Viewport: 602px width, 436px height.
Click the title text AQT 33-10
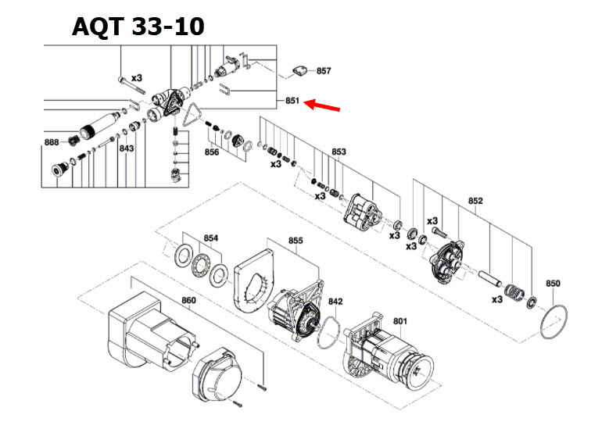tap(138, 26)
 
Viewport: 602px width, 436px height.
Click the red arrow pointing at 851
tap(322, 105)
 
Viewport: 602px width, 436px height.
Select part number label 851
tap(292, 101)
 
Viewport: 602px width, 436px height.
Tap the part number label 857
tap(324, 71)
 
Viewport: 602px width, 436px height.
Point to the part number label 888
tap(52, 141)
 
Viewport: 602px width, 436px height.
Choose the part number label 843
tap(127, 148)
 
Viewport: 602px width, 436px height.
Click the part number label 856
tap(212, 152)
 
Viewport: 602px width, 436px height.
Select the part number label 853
tap(339, 151)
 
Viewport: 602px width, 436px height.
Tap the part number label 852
tap(475, 201)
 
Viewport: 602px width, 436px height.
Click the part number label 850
tap(553, 283)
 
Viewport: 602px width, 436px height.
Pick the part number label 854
tap(211, 238)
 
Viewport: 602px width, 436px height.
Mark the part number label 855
tap(295, 241)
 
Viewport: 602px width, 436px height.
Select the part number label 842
tap(335, 301)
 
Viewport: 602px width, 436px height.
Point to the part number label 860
tap(188, 300)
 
